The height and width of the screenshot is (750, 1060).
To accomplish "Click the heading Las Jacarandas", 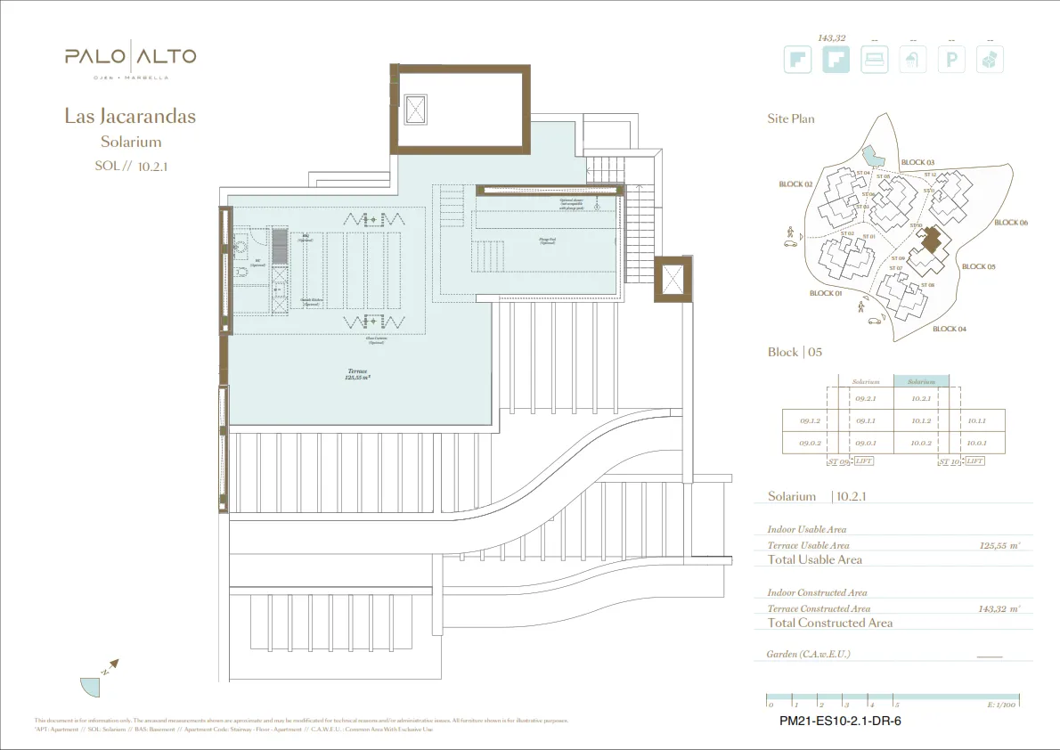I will pos(130,116).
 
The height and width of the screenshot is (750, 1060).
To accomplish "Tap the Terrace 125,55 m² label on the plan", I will pos(358,374).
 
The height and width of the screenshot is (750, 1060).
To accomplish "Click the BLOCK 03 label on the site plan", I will pos(917,162).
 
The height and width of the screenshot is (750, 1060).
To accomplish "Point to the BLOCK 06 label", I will pos(1011,223).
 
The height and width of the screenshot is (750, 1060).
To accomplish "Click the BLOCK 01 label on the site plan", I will pos(826,293).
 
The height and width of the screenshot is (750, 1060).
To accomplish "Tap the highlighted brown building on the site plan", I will pos(931,241).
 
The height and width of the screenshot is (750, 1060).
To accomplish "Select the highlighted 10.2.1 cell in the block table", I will pos(921,399).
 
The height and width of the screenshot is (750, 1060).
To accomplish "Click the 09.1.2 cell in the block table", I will pos(810,421).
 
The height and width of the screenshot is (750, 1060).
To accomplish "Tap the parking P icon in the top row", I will pos(953,60).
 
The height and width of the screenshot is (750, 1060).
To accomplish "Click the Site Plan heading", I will pos(791,118).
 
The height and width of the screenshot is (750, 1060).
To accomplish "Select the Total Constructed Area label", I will pos(829,623).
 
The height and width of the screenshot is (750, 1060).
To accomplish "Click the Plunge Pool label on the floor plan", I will pos(548,240).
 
